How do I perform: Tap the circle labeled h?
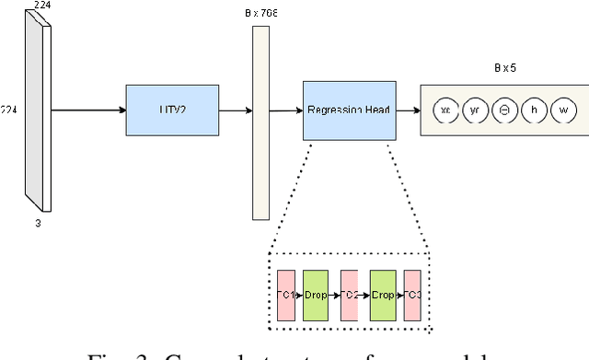tap(533, 110)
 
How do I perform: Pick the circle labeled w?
tap(563, 110)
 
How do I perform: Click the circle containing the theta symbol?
tap(504, 110)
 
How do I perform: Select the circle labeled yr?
tap(475, 110)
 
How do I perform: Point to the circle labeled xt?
tap(445, 110)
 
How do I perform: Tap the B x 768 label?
tap(260, 14)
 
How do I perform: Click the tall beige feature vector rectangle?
tap(260, 122)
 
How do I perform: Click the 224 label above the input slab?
tap(41, 6)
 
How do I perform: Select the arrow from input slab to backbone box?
tap(88, 110)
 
